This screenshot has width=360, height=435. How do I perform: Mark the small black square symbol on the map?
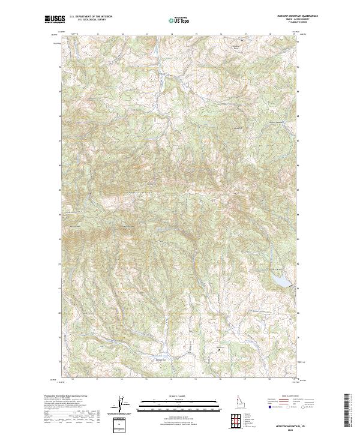coord(218,348)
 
